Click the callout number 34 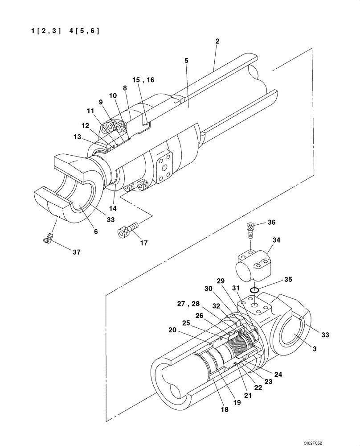point(276,240)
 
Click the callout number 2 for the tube point(217,41)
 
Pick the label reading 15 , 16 point(143,80)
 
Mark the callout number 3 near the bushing point(315,349)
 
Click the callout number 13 point(78,137)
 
